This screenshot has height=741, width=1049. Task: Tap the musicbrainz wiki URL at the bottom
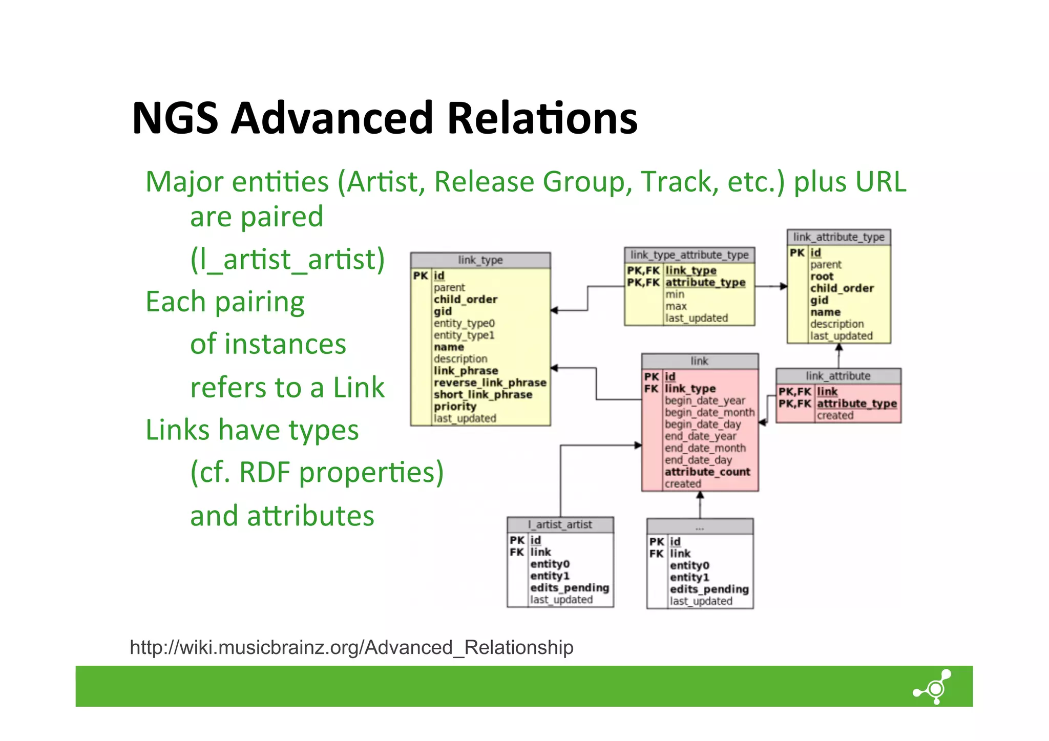click(x=351, y=647)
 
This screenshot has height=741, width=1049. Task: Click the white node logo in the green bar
click(x=934, y=687)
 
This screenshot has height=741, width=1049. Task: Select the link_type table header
click(x=480, y=260)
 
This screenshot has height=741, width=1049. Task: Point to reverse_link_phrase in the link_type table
click(x=490, y=383)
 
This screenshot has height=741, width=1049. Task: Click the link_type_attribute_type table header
click(x=689, y=255)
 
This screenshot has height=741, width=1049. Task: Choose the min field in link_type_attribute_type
click(x=675, y=294)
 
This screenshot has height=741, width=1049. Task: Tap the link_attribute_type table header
click(x=838, y=237)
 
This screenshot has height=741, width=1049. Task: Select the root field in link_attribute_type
click(x=822, y=277)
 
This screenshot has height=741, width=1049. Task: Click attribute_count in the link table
click(x=707, y=472)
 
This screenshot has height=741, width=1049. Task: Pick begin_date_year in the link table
click(x=705, y=400)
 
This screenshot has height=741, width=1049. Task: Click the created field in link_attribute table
click(x=835, y=415)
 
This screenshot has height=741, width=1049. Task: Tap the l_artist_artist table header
click(x=560, y=524)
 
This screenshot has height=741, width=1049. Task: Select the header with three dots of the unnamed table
click(x=700, y=527)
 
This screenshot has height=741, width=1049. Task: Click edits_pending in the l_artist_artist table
click(x=570, y=588)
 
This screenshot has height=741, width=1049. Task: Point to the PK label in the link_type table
click(x=421, y=276)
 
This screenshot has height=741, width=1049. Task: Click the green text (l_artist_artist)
click(x=287, y=259)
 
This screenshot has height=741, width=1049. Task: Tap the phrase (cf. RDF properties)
click(x=317, y=472)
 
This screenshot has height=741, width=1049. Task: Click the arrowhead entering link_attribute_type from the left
click(x=783, y=286)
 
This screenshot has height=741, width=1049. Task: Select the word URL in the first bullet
click(x=876, y=182)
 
